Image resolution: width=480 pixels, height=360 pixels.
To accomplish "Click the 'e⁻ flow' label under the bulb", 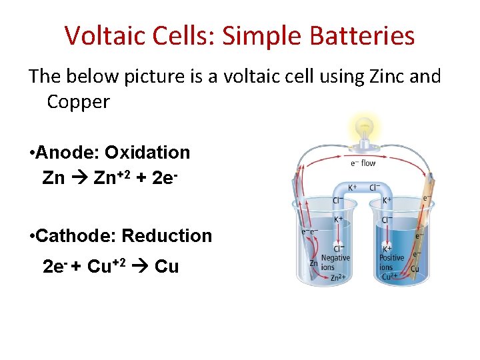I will [x=363, y=163].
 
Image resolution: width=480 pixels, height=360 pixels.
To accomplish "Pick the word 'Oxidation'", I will [x=147, y=153].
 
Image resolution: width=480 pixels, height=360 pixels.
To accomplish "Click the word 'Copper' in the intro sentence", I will [x=78, y=102].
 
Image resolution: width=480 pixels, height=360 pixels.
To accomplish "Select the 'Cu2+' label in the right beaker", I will [x=389, y=277].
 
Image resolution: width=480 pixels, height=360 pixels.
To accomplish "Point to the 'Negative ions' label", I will [x=335, y=263].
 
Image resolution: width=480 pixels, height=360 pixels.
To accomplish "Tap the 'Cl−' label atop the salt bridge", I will [x=376, y=188].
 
